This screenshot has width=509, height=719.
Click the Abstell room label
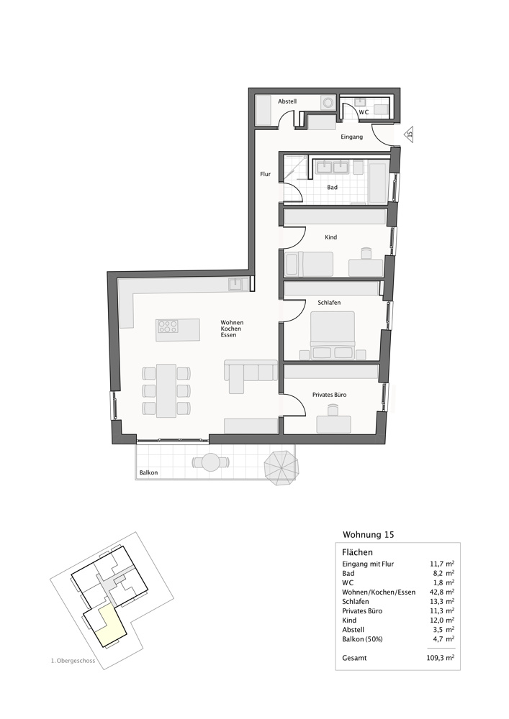[x=287, y=101]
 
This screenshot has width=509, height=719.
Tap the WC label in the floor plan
[x=364, y=112]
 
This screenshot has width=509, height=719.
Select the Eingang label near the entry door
[x=351, y=137]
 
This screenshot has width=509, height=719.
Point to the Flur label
[x=265, y=174]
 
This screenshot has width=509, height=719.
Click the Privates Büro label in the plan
[x=329, y=395]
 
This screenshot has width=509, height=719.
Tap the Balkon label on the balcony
[x=149, y=473]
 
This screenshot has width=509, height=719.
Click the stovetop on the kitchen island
[x=168, y=326]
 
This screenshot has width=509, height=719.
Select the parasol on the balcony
[x=281, y=468]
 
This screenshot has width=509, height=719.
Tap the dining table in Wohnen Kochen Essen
[x=166, y=390]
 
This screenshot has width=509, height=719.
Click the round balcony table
[x=211, y=461]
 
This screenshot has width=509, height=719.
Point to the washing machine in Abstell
[x=328, y=103]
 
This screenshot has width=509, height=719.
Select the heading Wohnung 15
[x=369, y=535]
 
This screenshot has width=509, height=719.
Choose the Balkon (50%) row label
[x=362, y=639]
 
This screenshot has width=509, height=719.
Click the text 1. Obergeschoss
[x=73, y=661]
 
